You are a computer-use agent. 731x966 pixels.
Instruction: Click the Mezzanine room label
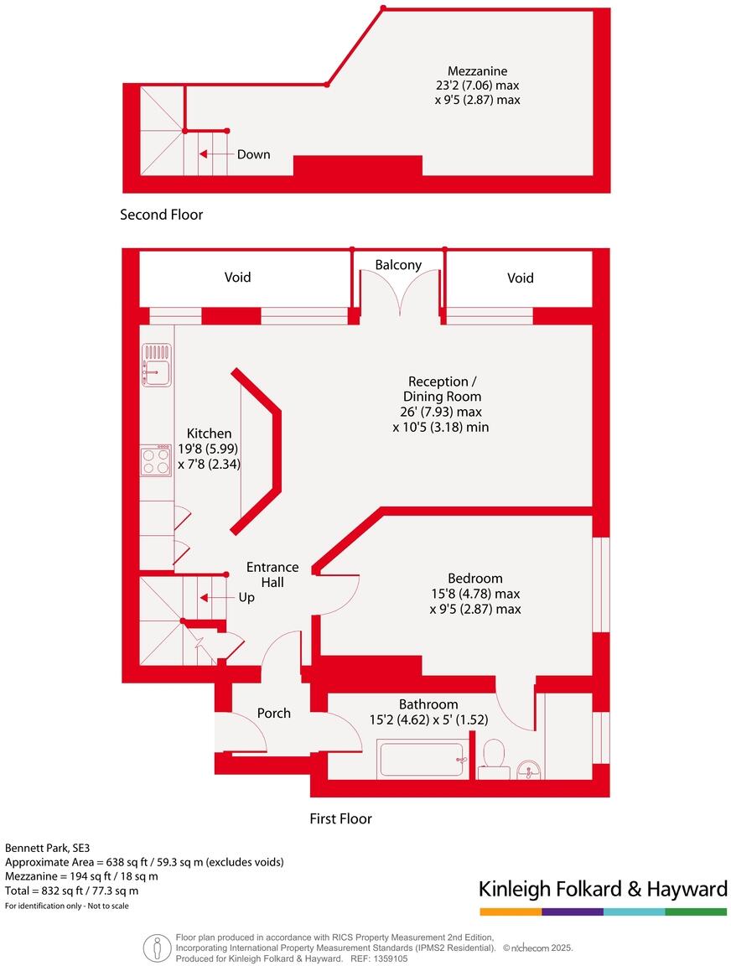click(x=477, y=71)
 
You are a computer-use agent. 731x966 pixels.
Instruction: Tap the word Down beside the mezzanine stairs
click(x=253, y=154)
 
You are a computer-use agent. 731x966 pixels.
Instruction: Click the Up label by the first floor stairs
click(x=246, y=598)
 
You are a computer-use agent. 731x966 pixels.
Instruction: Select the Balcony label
click(x=398, y=265)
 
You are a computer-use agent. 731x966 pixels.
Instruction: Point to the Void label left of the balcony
click(x=237, y=278)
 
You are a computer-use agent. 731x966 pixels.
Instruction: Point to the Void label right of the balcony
click(x=520, y=278)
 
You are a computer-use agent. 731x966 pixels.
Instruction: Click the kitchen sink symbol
click(x=157, y=366)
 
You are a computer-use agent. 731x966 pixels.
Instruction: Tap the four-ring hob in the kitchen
click(x=156, y=460)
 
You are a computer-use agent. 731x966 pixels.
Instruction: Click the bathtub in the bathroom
click(x=422, y=760)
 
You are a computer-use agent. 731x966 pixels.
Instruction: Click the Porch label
click(x=273, y=714)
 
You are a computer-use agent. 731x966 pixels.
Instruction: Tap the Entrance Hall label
click(x=272, y=574)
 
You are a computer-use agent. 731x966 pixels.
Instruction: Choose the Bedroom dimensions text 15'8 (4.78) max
click(x=474, y=594)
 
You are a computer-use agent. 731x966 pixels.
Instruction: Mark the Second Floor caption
click(x=162, y=215)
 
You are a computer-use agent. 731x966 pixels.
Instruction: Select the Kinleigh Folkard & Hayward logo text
click(x=602, y=889)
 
